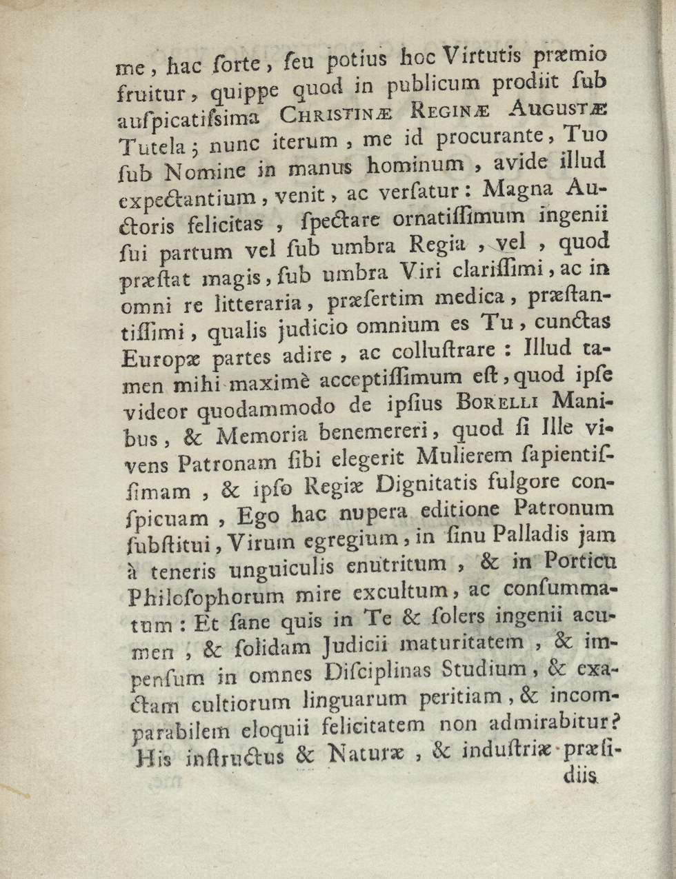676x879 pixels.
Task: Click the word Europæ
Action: coord(161,361)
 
